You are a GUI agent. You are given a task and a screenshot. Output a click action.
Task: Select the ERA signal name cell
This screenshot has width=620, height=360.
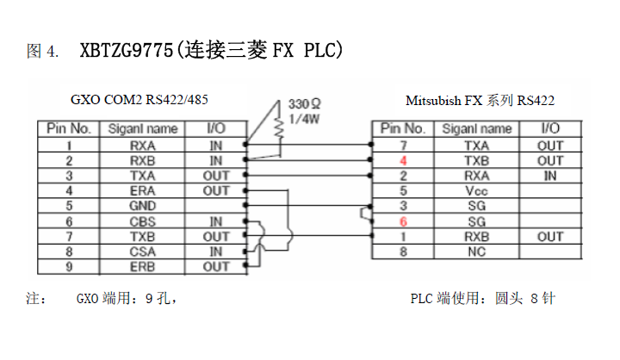(142, 190)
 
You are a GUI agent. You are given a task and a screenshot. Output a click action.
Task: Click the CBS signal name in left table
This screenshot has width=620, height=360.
(142, 221)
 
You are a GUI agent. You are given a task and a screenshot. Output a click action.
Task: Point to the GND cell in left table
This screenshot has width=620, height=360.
(142, 206)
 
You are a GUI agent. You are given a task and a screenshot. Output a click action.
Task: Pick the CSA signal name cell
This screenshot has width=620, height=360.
(142, 251)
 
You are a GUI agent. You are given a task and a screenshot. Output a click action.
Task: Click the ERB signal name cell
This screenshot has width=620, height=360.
(142, 267)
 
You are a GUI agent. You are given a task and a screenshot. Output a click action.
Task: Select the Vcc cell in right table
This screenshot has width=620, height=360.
(476, 190)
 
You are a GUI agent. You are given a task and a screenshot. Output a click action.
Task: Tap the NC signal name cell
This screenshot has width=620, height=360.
(476, 251)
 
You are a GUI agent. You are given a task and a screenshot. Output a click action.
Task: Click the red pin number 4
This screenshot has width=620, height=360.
(403, 160)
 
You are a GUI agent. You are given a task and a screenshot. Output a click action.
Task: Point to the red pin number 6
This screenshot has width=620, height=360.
(403, 221)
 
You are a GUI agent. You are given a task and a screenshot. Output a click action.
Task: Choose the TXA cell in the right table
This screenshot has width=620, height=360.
(476, 145)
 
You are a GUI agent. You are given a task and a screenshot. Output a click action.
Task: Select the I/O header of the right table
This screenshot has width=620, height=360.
(549, 129)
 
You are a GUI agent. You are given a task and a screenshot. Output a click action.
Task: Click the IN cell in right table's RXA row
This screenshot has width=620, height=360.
(549, 176)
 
